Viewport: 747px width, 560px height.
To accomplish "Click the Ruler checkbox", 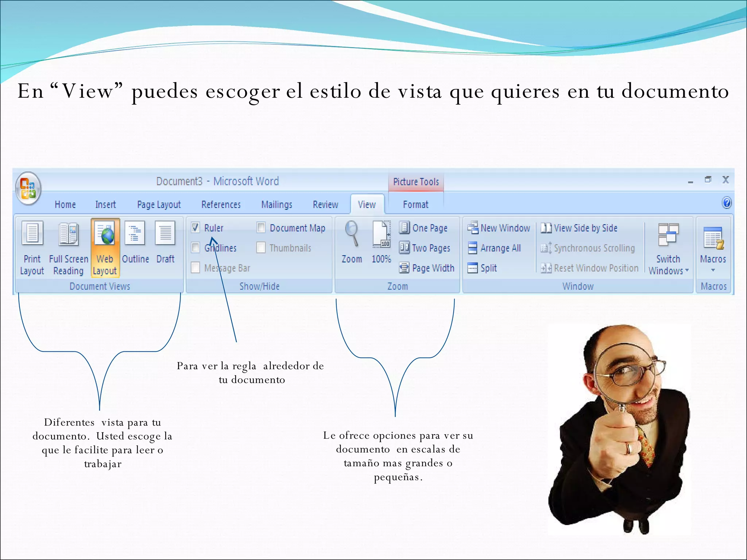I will click(x=196, y=228).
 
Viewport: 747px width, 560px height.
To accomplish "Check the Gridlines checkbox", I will click(x=196, y=248).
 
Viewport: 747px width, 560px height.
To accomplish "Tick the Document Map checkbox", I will click(x=261, y=228).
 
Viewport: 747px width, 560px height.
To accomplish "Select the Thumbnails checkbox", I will click(x=261, y=248).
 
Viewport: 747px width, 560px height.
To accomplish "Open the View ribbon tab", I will click(x=367, y=205).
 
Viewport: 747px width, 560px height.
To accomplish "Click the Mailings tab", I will click(x=276, y=205).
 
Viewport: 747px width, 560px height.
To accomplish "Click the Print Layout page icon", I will click(x=32, y=233).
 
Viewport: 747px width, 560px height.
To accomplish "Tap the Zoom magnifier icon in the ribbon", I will click(x=352, y=233).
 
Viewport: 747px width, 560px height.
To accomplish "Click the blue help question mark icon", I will click(x=726, y=203).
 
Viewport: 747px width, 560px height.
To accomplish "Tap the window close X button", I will click(x=725, y=180).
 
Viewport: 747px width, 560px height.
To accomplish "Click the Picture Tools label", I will click(x=416, y=182).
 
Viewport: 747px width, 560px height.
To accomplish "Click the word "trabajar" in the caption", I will click(x=102, y=464).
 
